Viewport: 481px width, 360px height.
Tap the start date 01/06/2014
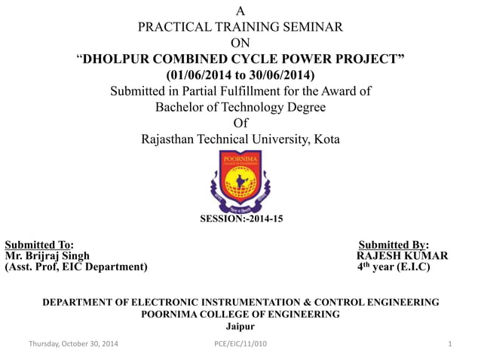click(x=198, y=76)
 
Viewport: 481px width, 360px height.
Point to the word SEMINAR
click(x=311, y=26)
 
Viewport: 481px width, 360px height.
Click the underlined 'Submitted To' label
click(x=39, y=245)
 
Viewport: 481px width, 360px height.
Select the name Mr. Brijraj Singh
click(x=47, y=256)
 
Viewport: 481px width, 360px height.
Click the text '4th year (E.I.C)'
click(x=394, y=267)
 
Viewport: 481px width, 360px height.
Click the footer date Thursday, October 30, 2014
click(x=73, y=344)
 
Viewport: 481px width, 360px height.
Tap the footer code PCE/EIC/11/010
click(x=240, y=344)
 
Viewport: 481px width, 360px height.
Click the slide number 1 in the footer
click(x=449, y=344)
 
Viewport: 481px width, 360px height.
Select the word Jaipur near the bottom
click(x=240, y=326)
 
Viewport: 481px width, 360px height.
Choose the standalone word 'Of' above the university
click(x=240, y=123)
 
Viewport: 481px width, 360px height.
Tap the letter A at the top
click(x=240, y=11)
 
